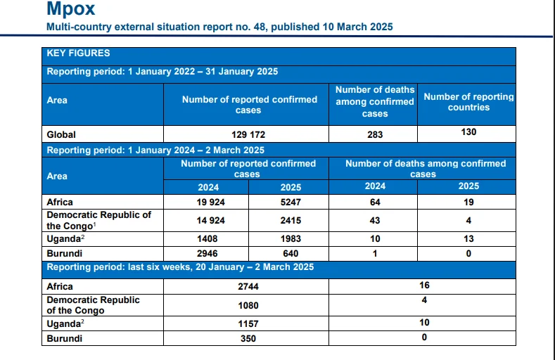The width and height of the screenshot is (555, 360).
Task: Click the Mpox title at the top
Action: pos(71,8)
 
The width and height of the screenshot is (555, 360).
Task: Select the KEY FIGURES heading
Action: pos(78,53)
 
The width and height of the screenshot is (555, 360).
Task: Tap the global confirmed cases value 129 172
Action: pos(248,135)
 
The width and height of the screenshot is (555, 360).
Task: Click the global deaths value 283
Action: pos(375,135)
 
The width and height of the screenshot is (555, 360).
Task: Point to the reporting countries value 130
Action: pos(468,132)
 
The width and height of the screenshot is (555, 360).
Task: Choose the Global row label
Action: pos(61,135)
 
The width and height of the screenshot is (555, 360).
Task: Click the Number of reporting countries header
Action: pos(468,102)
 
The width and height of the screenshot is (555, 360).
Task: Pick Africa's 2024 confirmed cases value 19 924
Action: pos(210,202)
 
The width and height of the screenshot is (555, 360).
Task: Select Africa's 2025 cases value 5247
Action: pos(291,202)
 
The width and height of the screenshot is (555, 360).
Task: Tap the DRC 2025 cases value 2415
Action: pos(291,221)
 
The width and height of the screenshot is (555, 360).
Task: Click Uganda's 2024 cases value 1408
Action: pos(207,239)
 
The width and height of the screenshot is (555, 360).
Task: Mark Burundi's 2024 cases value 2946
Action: pos(207,254)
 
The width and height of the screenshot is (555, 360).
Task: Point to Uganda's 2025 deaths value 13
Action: pos(468,239)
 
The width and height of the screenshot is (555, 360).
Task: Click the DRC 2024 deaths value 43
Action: pos(375,221)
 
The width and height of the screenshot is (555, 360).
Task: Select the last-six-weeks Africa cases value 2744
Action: pos(248,287)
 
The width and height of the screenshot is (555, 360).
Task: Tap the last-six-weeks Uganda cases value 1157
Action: pos(248,324)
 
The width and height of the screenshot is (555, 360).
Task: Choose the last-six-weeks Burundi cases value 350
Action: pos(248,339)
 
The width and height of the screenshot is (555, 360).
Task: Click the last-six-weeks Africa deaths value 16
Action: pos(424,285)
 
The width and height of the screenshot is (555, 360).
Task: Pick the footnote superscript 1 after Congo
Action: pos(95,224)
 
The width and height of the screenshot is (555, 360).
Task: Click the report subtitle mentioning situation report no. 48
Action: pos(219,27)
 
